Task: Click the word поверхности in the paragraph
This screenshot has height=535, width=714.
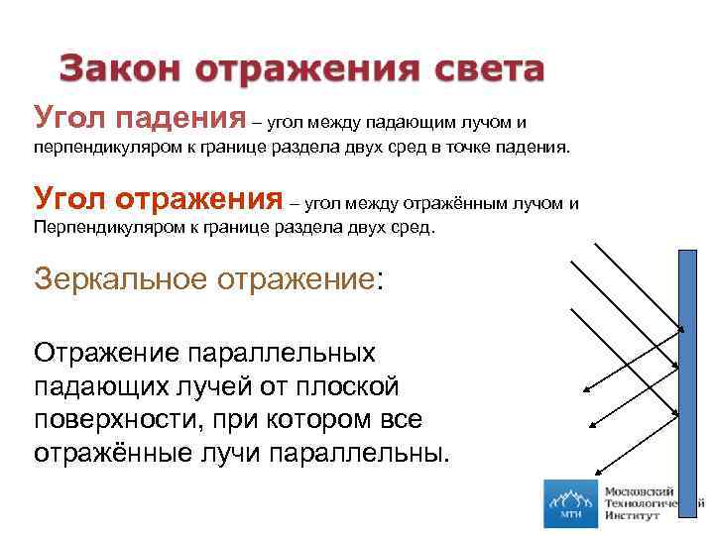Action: click(x=115, y=420)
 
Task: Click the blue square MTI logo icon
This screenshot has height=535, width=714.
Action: click(x=570, y=503)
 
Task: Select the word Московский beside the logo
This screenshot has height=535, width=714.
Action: click(x=640, y=491)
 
